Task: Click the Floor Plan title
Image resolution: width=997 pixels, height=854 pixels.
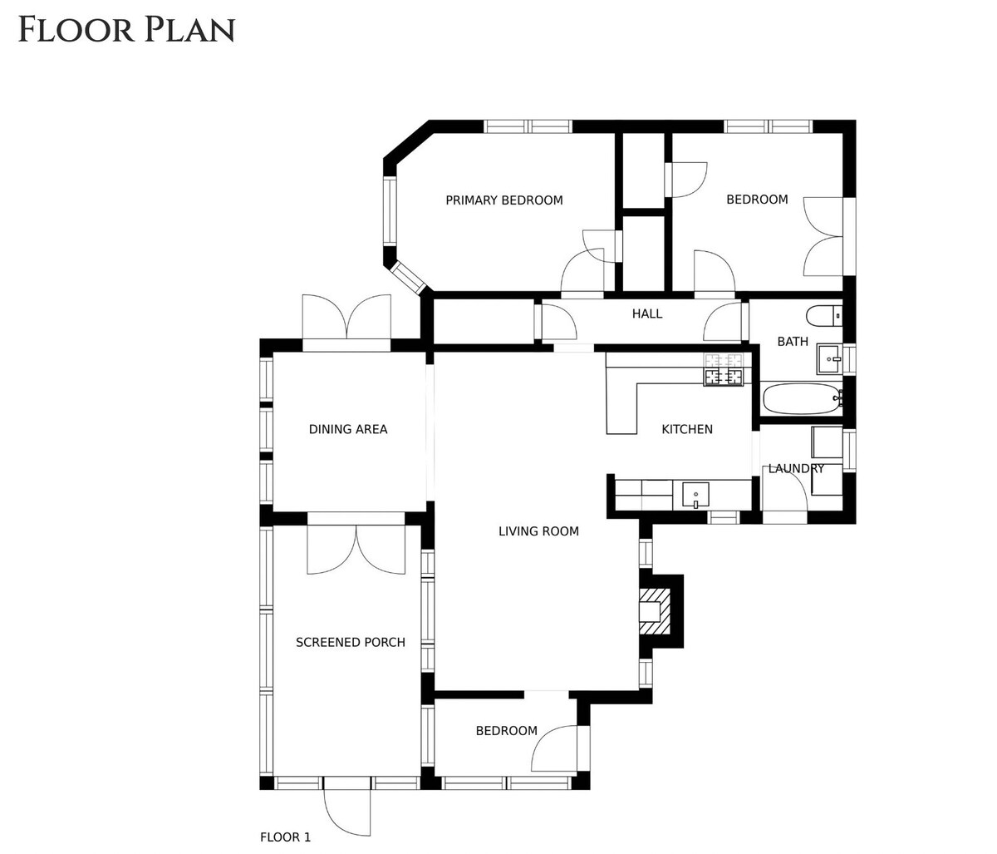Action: point(126,29)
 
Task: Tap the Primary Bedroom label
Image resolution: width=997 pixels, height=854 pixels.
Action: point(504,200)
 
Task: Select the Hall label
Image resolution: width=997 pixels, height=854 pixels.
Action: point(647,313)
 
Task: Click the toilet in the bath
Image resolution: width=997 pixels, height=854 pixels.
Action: point(824,316)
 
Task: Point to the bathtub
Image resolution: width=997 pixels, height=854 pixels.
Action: point(803,399)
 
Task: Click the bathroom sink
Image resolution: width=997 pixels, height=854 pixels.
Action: point(830,359)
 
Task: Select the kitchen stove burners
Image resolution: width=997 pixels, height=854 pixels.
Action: point(723,370)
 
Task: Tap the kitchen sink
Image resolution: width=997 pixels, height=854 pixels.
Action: point(695,496)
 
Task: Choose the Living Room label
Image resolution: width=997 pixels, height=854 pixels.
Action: point(538,531)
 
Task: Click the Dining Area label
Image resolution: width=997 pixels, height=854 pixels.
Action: point(348,429)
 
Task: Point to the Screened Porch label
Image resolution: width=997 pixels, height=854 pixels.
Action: point(350,643)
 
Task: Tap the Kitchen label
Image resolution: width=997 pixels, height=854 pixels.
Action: point(687,429)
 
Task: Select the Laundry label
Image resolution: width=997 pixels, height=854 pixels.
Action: point(796,468)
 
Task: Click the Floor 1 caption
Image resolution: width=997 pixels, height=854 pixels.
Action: point(286,837)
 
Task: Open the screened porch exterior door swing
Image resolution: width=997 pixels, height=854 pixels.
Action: point(346,812)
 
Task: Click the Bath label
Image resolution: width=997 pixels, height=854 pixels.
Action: point(793,342)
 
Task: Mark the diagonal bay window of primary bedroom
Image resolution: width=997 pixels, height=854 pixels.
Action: point(408,278)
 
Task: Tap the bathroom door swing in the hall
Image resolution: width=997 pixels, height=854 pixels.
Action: point(722,321)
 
